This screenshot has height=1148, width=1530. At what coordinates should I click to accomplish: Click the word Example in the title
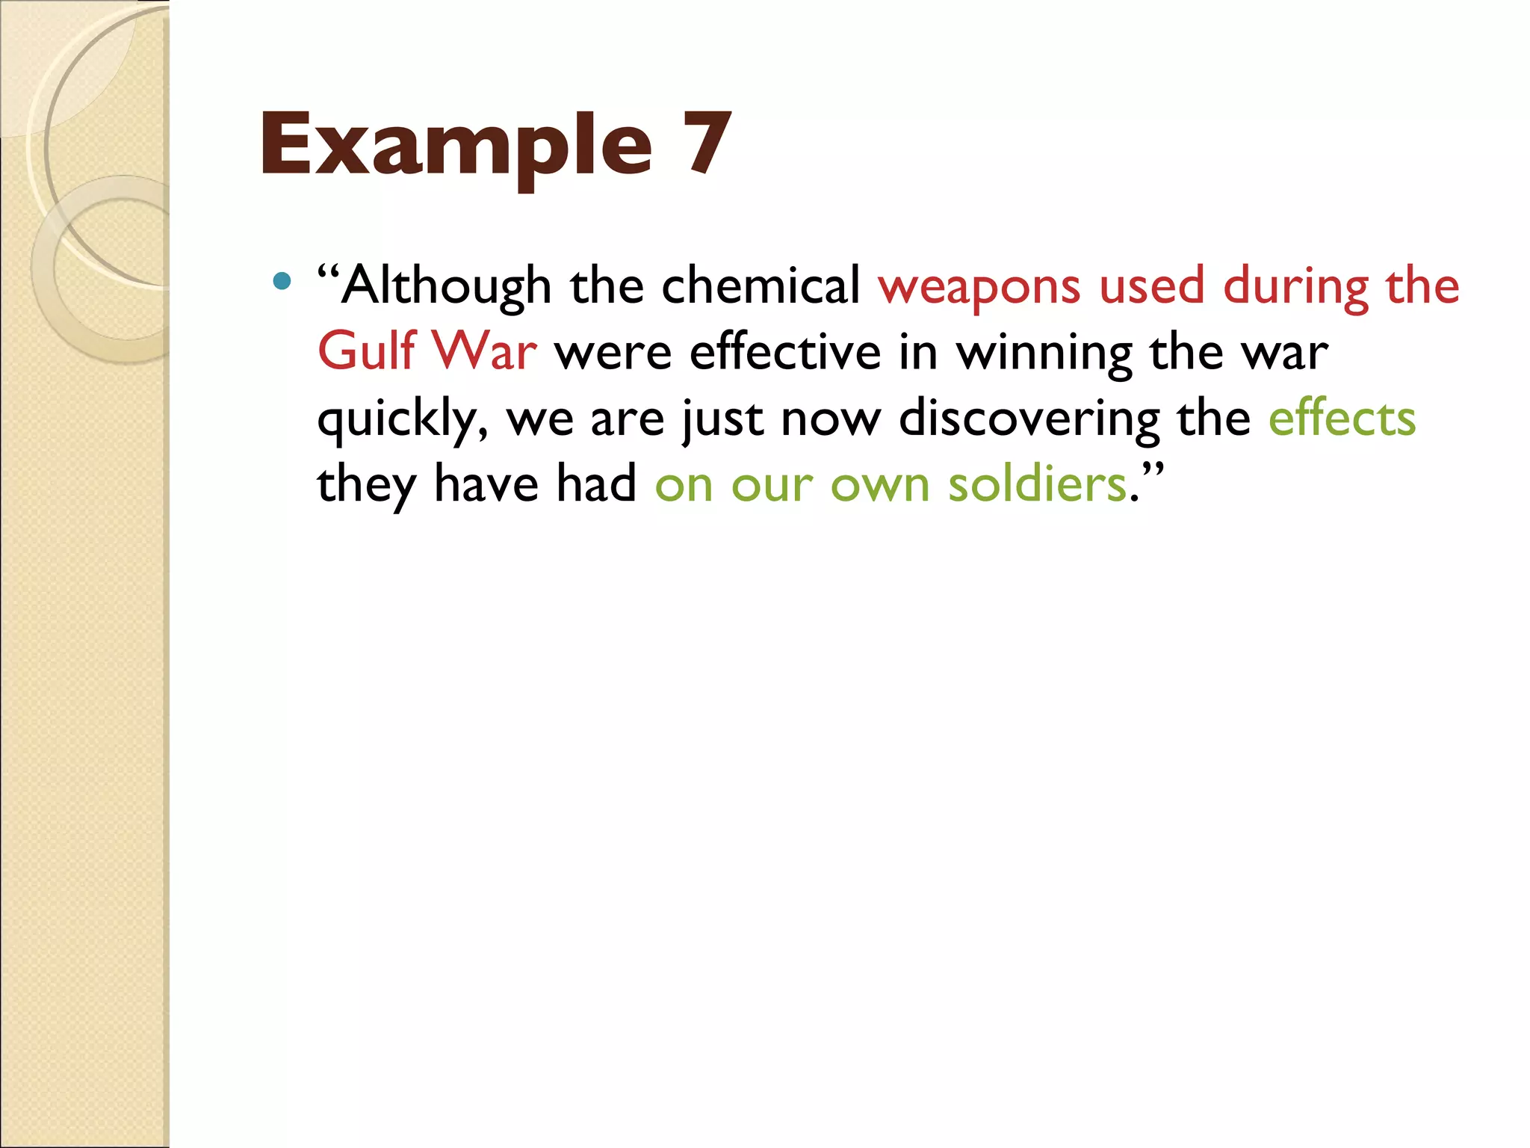click(x=456, y=146)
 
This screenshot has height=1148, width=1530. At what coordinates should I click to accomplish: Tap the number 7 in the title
click(x=705, y=142)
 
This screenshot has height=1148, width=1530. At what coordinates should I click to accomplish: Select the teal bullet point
click(x=282, y=281)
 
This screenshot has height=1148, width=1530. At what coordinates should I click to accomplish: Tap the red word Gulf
click(x=366, y=351)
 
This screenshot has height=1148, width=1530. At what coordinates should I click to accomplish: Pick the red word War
click(x=484, y=351)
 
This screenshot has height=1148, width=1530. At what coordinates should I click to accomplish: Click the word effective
click(x=784, y=351)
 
